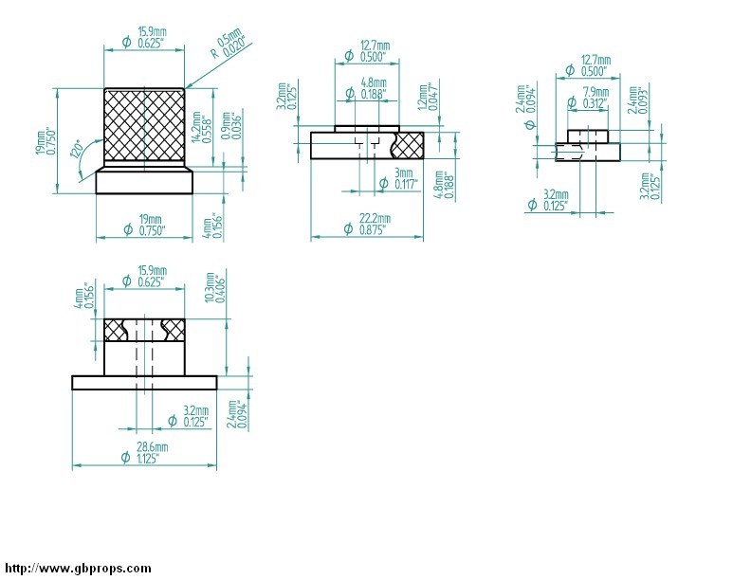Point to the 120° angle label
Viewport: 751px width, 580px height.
click(77, 149)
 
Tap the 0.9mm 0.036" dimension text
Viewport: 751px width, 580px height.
click(232, 125)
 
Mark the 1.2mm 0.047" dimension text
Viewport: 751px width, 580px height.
click(429, 98)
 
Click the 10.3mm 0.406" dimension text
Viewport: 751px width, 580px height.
click(214, 287)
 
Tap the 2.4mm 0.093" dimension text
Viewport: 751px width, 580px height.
click(638, 100)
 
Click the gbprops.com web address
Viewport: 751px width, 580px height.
click(78, 569)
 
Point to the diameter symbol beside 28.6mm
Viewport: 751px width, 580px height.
click(125, 457)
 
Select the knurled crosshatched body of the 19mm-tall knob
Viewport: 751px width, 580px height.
click(144, 124)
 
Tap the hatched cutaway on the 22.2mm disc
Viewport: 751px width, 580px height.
click(408, 145)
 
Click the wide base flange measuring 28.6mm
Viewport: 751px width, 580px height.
click(144, 382)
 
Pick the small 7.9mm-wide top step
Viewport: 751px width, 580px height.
click(588, 136)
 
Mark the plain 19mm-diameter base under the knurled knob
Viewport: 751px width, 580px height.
click(144, 182)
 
